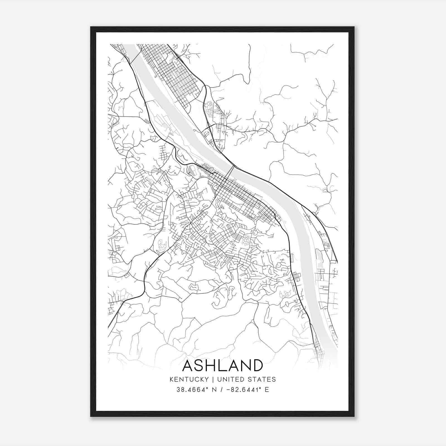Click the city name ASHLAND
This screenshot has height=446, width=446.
222,365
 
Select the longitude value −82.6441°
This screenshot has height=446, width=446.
242,390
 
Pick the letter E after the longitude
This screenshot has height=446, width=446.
267,390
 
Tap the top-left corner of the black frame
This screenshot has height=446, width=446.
91,27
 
